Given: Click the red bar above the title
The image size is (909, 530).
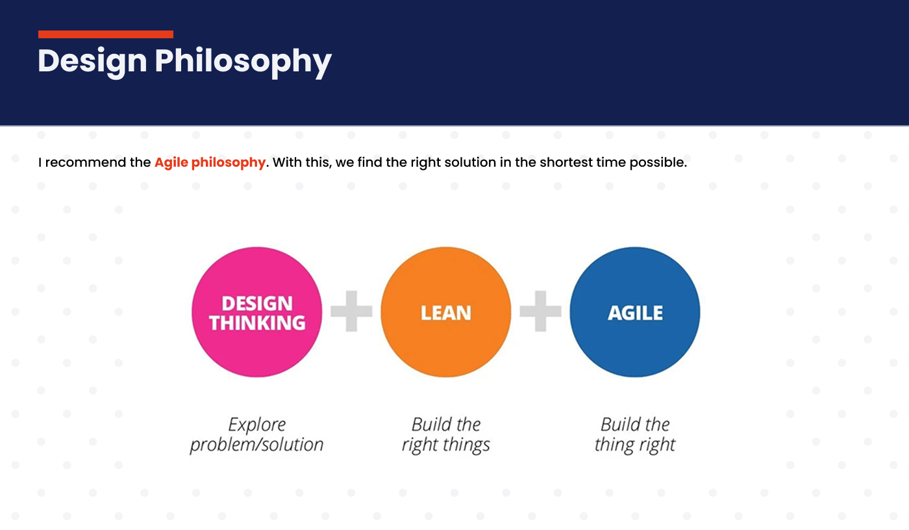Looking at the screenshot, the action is (x=105, y=34).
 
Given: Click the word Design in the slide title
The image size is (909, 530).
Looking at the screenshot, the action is (x=92, y=62).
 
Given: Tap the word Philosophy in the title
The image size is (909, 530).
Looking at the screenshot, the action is (x=243, y=62).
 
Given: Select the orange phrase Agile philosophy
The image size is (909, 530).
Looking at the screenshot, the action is (x=210, y=163).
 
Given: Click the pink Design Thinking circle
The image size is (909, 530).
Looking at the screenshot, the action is (x=257, y=312).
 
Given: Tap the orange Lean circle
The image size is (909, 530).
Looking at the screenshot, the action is (x=446, y=312).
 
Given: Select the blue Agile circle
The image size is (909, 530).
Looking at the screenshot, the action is (x=635, y=312).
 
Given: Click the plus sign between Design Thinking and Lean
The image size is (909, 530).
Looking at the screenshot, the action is (x=351, y=311).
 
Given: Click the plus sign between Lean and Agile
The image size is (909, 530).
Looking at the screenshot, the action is (x=540, y=311).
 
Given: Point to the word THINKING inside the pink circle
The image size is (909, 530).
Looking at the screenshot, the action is (x=257, y=323).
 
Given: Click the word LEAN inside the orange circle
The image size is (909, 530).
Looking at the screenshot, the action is (x=446, y=313).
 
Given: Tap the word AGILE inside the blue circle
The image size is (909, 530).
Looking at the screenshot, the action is (x=636, y=313).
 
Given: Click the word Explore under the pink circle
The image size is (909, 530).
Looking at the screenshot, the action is (x=257, y=425).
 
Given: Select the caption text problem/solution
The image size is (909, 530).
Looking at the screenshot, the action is (x=257, y=445).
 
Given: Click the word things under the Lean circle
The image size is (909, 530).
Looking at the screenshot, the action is (x=466, y=445).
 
